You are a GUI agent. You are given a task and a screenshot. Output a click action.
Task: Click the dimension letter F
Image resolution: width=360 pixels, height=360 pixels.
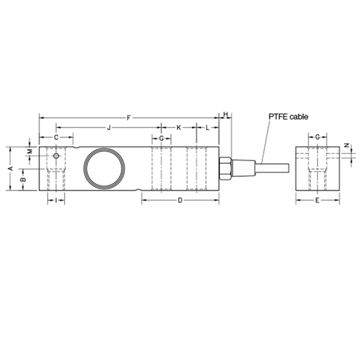128,118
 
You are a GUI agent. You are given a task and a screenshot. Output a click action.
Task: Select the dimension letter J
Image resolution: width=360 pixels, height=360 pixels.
108,128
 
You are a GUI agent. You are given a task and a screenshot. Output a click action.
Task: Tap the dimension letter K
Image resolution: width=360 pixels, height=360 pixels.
179,128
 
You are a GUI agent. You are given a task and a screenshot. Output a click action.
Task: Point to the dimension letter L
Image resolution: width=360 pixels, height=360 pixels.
207,128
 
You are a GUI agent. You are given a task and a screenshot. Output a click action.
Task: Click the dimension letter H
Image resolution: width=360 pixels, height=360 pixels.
226,115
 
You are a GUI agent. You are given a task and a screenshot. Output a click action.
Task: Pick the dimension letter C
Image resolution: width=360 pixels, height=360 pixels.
56,137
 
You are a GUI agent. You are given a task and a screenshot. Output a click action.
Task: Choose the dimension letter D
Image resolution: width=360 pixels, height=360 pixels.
180,200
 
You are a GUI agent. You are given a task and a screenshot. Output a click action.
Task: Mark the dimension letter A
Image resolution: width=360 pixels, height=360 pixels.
11,168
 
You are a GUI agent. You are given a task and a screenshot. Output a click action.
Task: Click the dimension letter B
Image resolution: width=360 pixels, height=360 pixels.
23,180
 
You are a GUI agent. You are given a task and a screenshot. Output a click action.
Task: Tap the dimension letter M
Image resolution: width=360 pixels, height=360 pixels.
30,151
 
